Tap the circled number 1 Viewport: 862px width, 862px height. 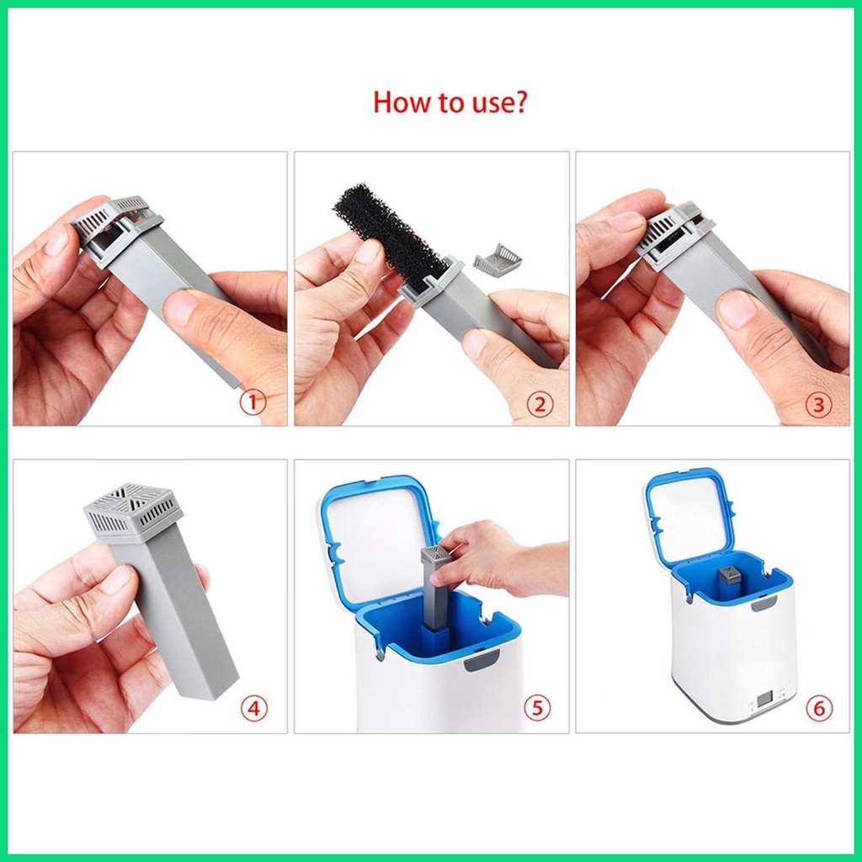click(x=253, y=402)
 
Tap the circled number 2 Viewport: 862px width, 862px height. click(x=539, y=404)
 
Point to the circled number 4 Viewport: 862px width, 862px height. click(x=254, y=708)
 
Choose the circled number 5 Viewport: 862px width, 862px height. click(x=536, y=708)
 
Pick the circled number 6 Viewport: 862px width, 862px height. click(x=817, y=708)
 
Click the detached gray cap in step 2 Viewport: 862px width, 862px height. click(x=497, y=261)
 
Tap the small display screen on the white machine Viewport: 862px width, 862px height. click(x=764, y=698)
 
